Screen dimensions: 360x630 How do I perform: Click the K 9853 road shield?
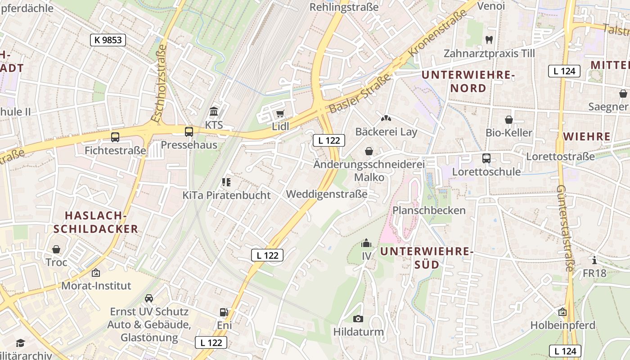108,40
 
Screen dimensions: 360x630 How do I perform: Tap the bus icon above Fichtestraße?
115,137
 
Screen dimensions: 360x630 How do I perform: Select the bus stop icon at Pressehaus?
189,132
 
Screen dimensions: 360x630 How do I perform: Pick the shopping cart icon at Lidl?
280,113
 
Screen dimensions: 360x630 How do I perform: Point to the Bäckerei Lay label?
386,132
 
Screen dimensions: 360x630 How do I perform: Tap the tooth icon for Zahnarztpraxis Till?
489,40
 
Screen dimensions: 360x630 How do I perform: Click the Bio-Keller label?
508,133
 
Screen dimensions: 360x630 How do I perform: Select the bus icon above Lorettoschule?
486,158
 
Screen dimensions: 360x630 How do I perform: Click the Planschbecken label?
429,211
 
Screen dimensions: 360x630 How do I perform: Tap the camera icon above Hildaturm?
358,319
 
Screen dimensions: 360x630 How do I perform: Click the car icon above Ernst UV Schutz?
149,298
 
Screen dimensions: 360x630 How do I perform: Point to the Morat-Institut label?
96,286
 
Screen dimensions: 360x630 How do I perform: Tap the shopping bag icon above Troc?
56,249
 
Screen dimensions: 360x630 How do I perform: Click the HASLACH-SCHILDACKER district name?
95,222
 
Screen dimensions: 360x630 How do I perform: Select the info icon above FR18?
594,260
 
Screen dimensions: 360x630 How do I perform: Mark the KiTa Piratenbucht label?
226,195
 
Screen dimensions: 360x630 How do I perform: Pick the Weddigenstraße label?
327,194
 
